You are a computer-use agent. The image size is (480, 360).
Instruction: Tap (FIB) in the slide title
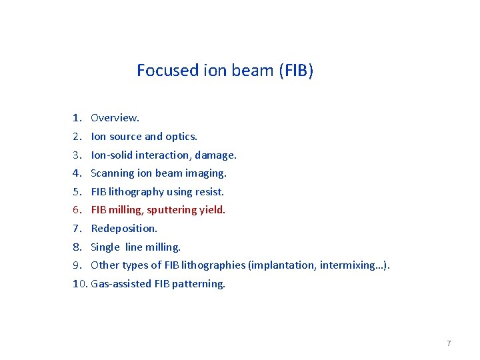pyautogui.click(x=295, y=70)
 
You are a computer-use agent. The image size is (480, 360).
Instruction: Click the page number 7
pyautogui.click(x=449, y=343)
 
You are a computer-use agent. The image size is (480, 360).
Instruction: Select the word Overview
pyautogui.click(x=115, y=118)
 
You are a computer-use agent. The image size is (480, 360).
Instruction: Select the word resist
pyautogui.click(x=209, y=192)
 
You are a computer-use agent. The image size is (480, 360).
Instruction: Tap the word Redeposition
pyautogui.click(x=124, y=229)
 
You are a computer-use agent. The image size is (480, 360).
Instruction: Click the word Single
pyautogui.click(x=105, y=247)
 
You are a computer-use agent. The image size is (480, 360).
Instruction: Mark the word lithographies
pyautogui.click(x=213, y=265)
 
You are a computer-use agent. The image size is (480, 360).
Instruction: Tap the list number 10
pyautogui.click(x=79, y=284)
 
